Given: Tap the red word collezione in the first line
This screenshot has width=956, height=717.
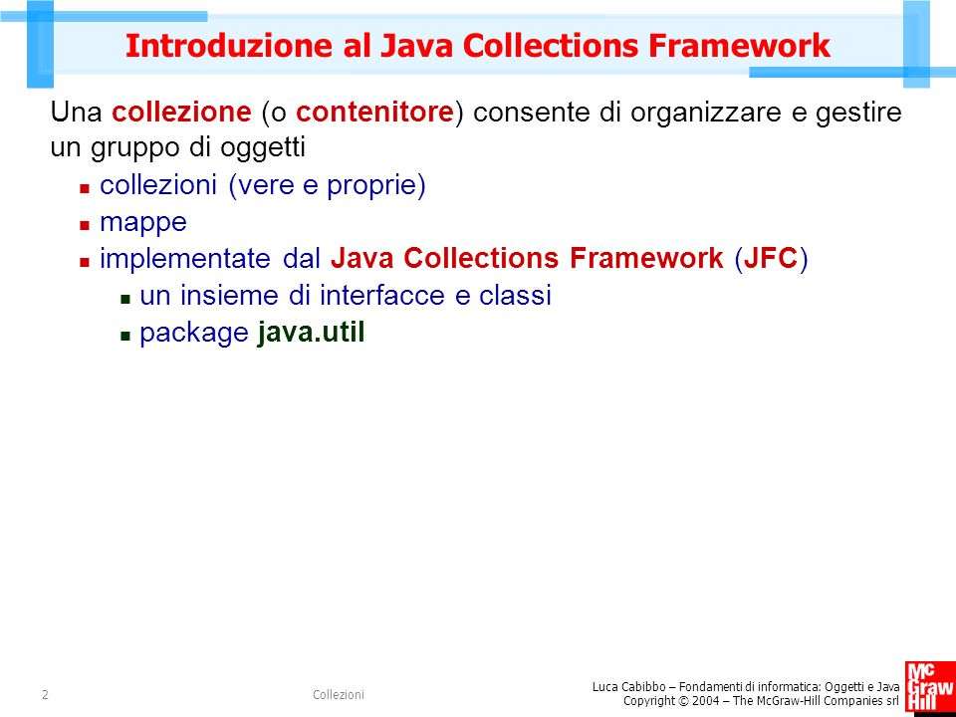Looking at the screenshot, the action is [181, 113].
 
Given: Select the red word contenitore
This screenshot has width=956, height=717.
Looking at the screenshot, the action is [375, 113].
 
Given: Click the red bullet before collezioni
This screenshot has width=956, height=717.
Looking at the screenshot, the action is [85, 189].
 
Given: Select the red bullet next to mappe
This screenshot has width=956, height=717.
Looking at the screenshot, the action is [85, 226].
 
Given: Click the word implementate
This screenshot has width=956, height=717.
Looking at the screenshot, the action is [185, 259].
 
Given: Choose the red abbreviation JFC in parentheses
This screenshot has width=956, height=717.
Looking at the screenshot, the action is [771, 259].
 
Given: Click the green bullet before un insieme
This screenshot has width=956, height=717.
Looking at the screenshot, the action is [125, 299].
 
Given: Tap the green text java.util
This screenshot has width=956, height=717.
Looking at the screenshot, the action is [311, 333].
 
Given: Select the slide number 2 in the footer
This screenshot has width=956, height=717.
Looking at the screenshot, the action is [45, 694].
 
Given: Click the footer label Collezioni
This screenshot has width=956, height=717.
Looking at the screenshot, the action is [338, 694].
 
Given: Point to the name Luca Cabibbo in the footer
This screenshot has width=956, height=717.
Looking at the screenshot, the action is [628, 687].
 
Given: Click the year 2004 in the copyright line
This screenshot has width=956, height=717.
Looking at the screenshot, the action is [705, 700].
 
